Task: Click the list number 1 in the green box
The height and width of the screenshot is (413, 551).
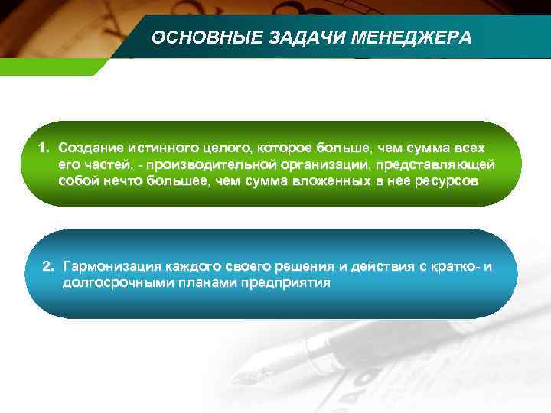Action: pos(44,146)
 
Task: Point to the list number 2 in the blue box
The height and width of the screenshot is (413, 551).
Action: pos(49,267)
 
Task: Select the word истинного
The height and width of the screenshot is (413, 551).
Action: pos(155,146)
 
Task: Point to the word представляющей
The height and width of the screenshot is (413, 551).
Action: pos(435,164)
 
